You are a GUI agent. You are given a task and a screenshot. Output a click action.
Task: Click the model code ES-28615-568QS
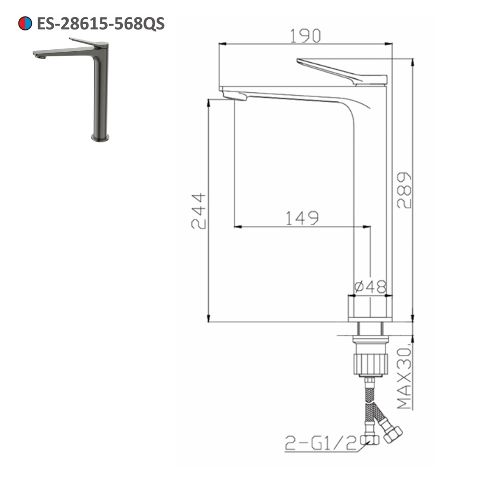[x=100, y=23]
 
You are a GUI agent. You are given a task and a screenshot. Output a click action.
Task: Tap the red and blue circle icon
[x=25, y=23]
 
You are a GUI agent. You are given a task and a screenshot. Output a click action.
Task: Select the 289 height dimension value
[x=405, y=190]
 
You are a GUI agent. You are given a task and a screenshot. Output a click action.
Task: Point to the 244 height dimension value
[x=199, y=211]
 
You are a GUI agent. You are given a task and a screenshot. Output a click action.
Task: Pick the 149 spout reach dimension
[x=301, y=218]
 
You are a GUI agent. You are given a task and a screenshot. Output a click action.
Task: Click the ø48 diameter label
[x=370, y=287]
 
